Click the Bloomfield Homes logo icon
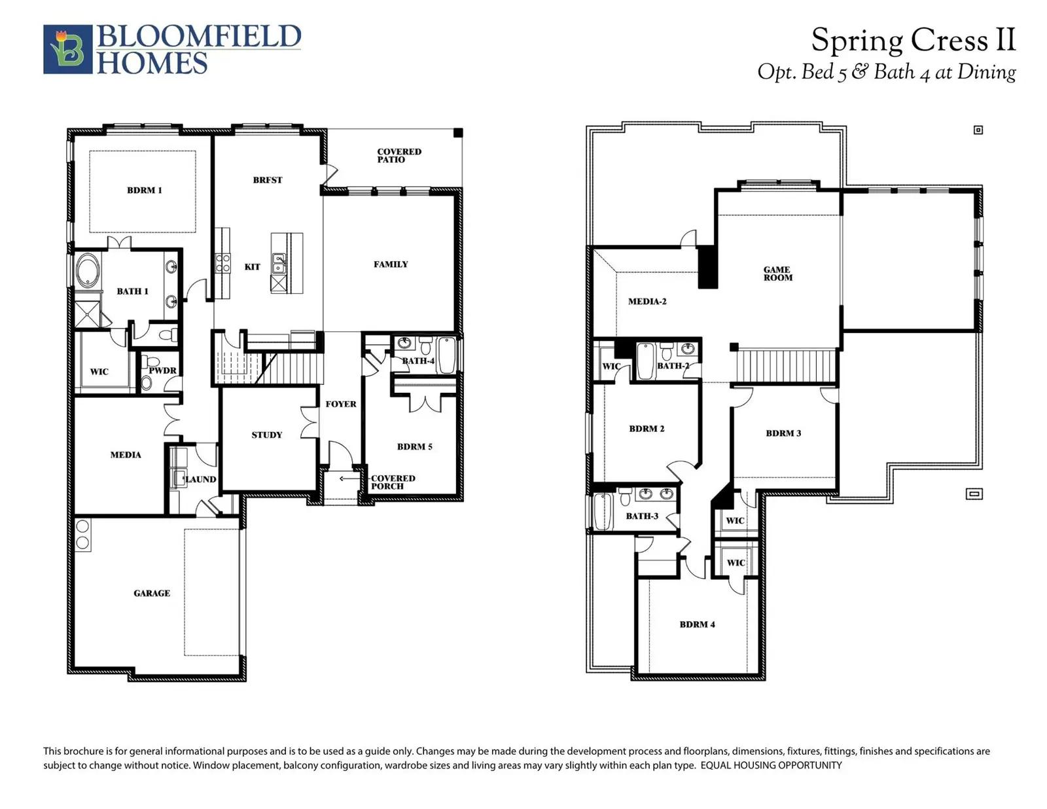point(67,49)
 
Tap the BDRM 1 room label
point(145,190)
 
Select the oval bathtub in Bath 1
point(88,271)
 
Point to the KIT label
point(253,267)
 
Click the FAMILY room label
point(391,264)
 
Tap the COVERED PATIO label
point(399,156)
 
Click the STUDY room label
point(267,435)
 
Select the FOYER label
point(341,404)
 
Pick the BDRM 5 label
point(415,446)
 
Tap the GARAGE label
point(152,593)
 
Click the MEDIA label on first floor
point(126,455)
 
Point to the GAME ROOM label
point(777,274)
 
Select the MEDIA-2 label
point(647,302)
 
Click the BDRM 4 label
point(697,624)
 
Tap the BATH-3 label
point(642,516)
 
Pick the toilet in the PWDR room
point(147,383)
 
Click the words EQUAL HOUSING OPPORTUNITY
point(771,765)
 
